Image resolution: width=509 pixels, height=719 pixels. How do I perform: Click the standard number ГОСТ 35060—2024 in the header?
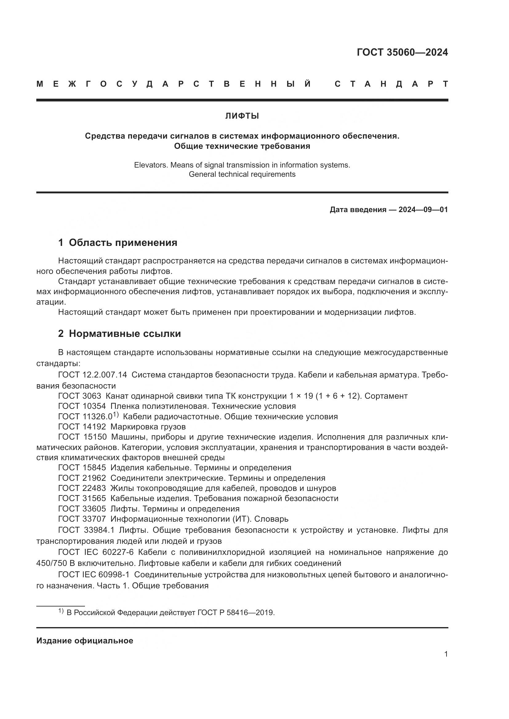pos(402,52)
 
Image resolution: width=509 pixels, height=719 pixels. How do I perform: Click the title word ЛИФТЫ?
pos(242,116)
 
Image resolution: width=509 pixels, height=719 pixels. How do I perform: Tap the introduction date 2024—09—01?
pos(423,210)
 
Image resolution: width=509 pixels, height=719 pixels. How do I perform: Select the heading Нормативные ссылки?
pos(125,334)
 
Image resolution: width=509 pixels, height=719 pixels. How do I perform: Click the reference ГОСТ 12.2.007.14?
pos(92,375)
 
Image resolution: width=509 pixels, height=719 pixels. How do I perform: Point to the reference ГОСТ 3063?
pos(80,396)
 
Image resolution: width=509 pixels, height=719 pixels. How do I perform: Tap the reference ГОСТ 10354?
pos(82,406)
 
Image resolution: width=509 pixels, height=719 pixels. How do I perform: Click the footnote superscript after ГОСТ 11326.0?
pos(116,415)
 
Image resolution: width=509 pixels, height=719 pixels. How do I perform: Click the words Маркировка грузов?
pos(148,427)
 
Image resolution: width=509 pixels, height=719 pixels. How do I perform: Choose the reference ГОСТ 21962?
pos(82,478)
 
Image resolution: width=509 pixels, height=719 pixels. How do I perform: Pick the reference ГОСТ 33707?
pos(82,519)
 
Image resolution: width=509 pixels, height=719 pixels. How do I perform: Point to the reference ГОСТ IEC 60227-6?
pos(96,552)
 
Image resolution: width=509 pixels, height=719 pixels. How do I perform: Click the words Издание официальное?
pos(85,641)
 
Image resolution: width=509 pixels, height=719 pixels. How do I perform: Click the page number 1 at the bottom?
pos(446,654)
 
